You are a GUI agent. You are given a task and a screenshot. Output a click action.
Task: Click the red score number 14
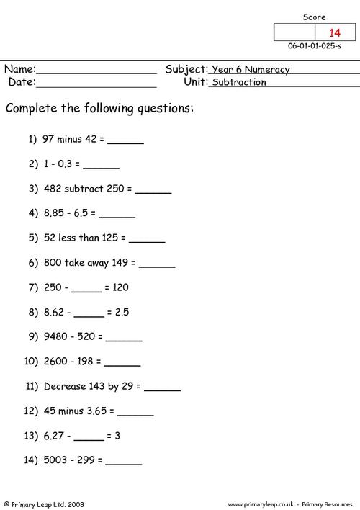[x=334, y=32]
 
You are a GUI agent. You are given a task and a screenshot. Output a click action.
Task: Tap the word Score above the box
[x=314, y=17]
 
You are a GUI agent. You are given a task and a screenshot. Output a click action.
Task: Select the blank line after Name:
[x=96, y=71]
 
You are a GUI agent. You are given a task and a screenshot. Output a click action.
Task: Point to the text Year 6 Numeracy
[x=251, y=70]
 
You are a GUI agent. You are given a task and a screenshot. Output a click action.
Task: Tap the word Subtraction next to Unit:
[x=239, y=82]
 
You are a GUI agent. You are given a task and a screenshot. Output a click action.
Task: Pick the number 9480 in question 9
[x=57, y=336]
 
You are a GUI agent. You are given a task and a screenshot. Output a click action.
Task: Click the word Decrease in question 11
[x=65, y=386]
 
